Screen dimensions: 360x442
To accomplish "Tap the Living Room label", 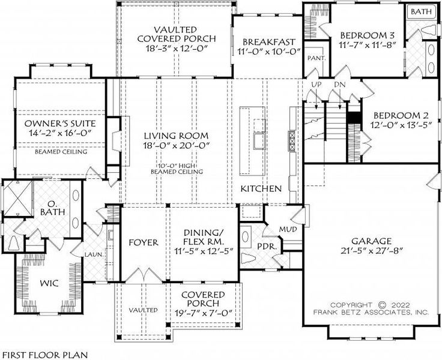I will (x=176, y=136).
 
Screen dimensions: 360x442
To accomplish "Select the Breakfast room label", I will (x=268, y=41).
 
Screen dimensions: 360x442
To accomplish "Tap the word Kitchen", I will (x=261, y=188).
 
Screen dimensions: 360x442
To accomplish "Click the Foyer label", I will (x=144, y=242).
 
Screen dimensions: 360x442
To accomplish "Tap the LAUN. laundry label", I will (x=94, y=254).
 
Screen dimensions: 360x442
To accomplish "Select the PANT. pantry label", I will (x=315, y=58).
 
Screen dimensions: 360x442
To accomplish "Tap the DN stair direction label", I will (x=339, y=85).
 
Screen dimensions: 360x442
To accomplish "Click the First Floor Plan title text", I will (x=44, y=354).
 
